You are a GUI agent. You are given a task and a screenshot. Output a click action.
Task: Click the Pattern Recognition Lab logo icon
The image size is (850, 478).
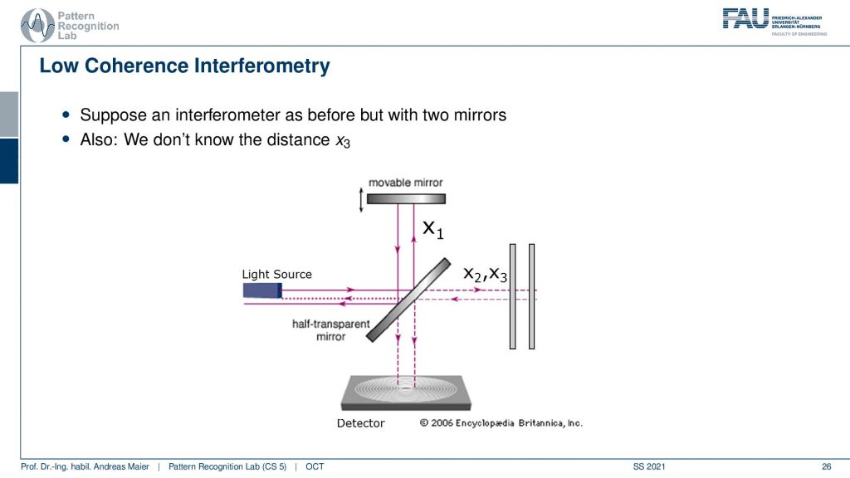[37, 25]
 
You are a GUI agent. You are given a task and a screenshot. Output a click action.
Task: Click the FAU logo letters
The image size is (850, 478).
[745, 18]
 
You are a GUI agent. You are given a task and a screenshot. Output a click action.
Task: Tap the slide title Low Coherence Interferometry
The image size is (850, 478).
[184, 66]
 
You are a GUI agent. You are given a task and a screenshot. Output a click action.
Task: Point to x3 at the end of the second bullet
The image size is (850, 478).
[343, 141]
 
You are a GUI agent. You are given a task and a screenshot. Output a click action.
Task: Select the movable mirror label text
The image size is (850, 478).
[405, 183]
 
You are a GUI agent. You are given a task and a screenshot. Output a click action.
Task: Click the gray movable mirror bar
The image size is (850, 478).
[406, 199]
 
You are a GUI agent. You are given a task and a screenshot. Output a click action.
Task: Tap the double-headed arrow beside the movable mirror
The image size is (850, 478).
[361, 200]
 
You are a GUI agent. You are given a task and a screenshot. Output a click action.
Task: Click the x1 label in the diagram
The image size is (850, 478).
[433, 229]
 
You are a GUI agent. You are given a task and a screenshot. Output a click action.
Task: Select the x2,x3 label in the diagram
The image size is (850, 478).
[485, 274]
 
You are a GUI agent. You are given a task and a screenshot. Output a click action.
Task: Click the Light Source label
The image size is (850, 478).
[276, 274]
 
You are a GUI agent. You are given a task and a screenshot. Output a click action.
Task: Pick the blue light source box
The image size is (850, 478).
[262, 290]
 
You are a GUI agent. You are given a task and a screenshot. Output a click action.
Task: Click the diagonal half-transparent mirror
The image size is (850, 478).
[408, 300]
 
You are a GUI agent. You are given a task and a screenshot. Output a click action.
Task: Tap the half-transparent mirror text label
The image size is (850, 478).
[330, 330]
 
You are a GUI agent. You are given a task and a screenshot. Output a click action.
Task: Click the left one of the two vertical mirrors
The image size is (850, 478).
[513, 296]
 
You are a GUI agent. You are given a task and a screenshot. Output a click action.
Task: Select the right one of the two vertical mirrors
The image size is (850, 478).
[532, 296]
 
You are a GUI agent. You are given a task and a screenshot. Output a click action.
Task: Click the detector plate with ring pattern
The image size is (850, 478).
[406, 393]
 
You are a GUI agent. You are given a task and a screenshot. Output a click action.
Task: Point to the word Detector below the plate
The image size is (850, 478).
[360, 423]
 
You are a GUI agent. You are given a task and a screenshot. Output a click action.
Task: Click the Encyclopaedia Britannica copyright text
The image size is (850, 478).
[501, 422]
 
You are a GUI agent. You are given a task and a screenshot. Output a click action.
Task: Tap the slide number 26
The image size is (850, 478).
[826, 466]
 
